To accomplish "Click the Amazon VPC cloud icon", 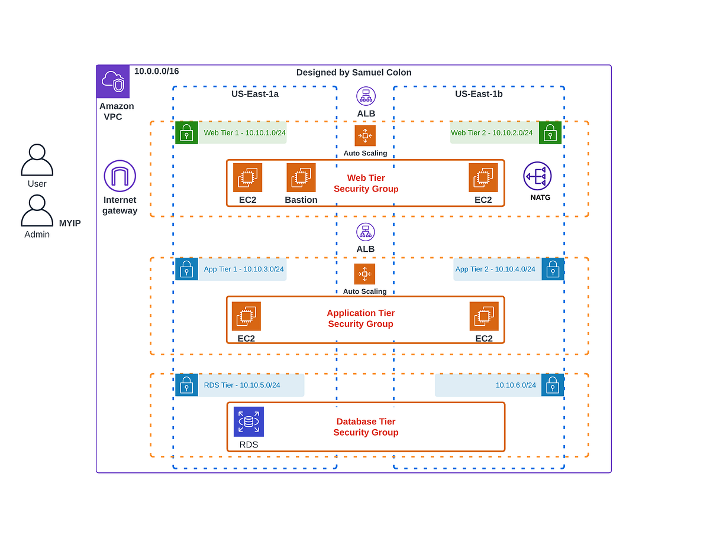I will [x=113, y=82].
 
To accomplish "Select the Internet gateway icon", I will [x=120, y=176].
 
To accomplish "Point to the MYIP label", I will [x=70, y=223].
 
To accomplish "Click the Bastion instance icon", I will [x=301, y=177].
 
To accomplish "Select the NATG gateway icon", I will [x=537, y=176].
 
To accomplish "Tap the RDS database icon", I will [x=248, y=421].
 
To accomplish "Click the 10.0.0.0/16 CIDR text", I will [x=156, y=72].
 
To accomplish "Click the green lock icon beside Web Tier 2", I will [x=550, y=133].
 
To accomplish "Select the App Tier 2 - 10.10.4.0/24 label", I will [x=495, y=269].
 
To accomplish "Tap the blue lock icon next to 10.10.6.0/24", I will [x=552, y=385].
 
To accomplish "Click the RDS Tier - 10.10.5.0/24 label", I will [x=242, y=385].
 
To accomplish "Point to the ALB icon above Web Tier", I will [x=366, y=96].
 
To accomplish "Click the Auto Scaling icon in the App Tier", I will [x=364, y=274].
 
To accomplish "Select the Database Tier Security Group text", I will [x=366, y=427].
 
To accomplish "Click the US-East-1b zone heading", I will [x=479, y=93].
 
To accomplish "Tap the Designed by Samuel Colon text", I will [x=354, y=72].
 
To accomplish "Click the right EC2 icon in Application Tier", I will [x=484, y=316].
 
